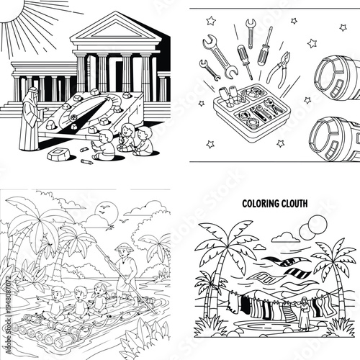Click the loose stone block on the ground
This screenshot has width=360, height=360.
[58, 156]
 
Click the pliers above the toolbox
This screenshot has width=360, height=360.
[279, 70]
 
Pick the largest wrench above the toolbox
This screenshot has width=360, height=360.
[220, 56]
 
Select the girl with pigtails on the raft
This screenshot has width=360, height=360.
[100, 293]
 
